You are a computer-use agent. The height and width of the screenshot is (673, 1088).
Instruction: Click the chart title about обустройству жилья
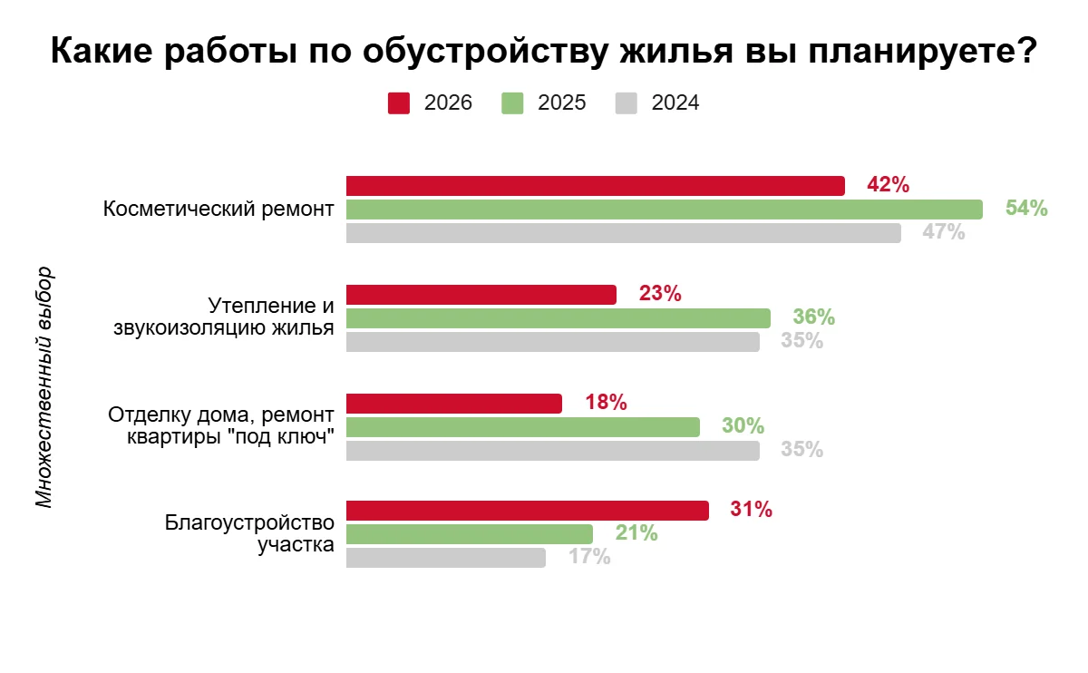(x=544, y=52)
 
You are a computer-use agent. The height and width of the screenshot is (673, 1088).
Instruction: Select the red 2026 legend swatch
(x=399, y=102)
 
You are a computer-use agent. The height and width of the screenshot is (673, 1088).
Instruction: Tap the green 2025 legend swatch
(x=512, y=102)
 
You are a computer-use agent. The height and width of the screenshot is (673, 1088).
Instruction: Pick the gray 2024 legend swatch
(x=627, y=102)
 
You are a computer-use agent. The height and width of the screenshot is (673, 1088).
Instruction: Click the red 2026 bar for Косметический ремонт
(x=595, y=186)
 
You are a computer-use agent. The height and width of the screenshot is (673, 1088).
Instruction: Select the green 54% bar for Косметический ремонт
(x=664, y=210)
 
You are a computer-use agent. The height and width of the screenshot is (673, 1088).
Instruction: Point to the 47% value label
(x=943, y=232)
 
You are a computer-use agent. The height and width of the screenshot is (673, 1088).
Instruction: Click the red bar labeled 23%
(x=481, y=295)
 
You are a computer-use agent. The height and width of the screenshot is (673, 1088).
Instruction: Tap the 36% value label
(x=813, y=317)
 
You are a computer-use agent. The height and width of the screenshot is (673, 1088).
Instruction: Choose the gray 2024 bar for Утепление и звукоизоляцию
(x=552, y=342)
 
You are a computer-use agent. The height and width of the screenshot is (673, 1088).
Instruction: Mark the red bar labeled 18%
(x=453, y=404)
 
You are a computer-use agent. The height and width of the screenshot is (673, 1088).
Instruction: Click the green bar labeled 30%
(x=522, y=426)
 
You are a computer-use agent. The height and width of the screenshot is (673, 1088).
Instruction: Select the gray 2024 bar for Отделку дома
(x=552, y=450)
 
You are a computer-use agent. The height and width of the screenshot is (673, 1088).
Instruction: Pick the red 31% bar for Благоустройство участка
(x=527, y=511)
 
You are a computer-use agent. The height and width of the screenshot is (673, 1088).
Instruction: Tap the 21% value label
(x=636, y=533)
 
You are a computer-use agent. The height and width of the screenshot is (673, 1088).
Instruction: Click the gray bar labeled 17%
(x=445, y=558)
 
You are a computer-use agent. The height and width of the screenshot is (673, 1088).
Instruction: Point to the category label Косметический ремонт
(x=219, y=210)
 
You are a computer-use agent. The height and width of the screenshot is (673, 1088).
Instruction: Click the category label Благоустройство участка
(x=249, y=534)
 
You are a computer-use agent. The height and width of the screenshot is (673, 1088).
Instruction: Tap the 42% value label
(x=888, y=185)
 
